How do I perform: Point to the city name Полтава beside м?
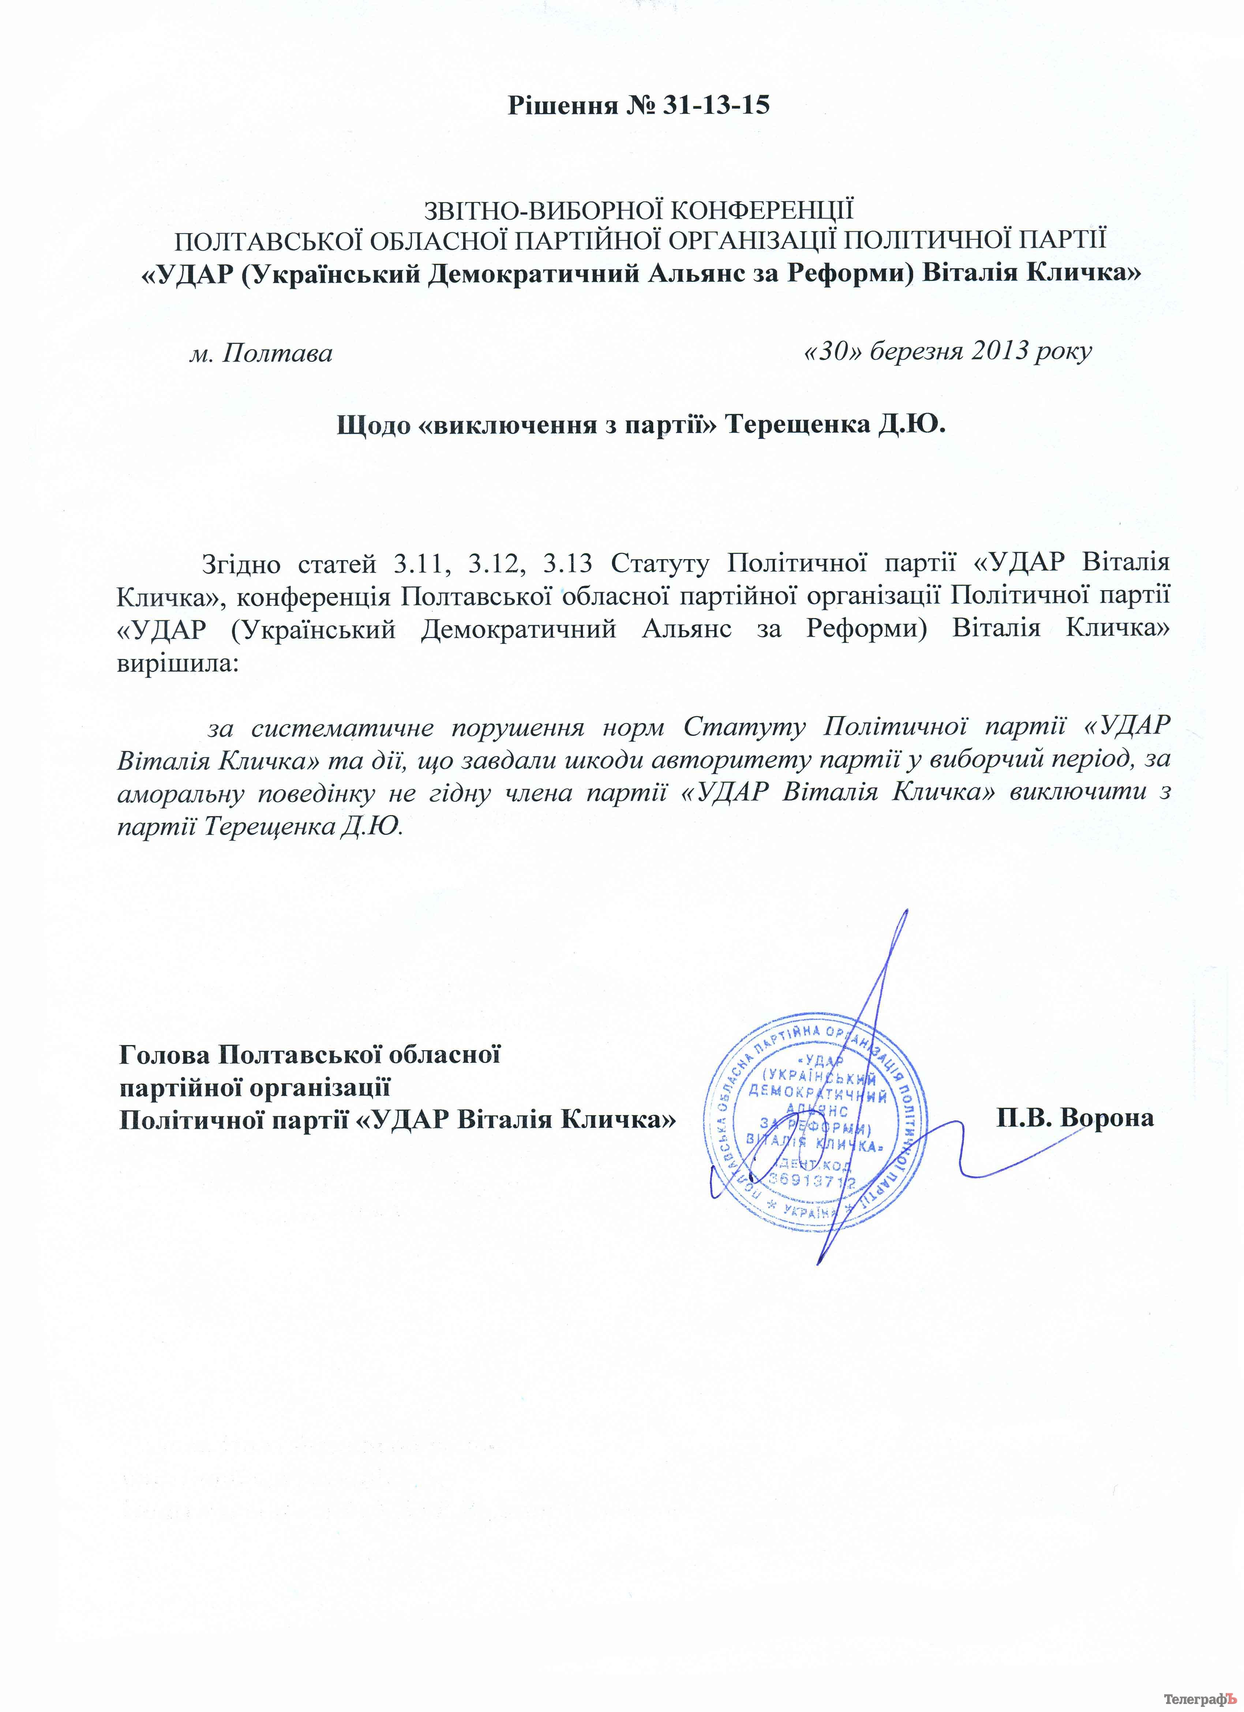(x=277, y=353)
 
